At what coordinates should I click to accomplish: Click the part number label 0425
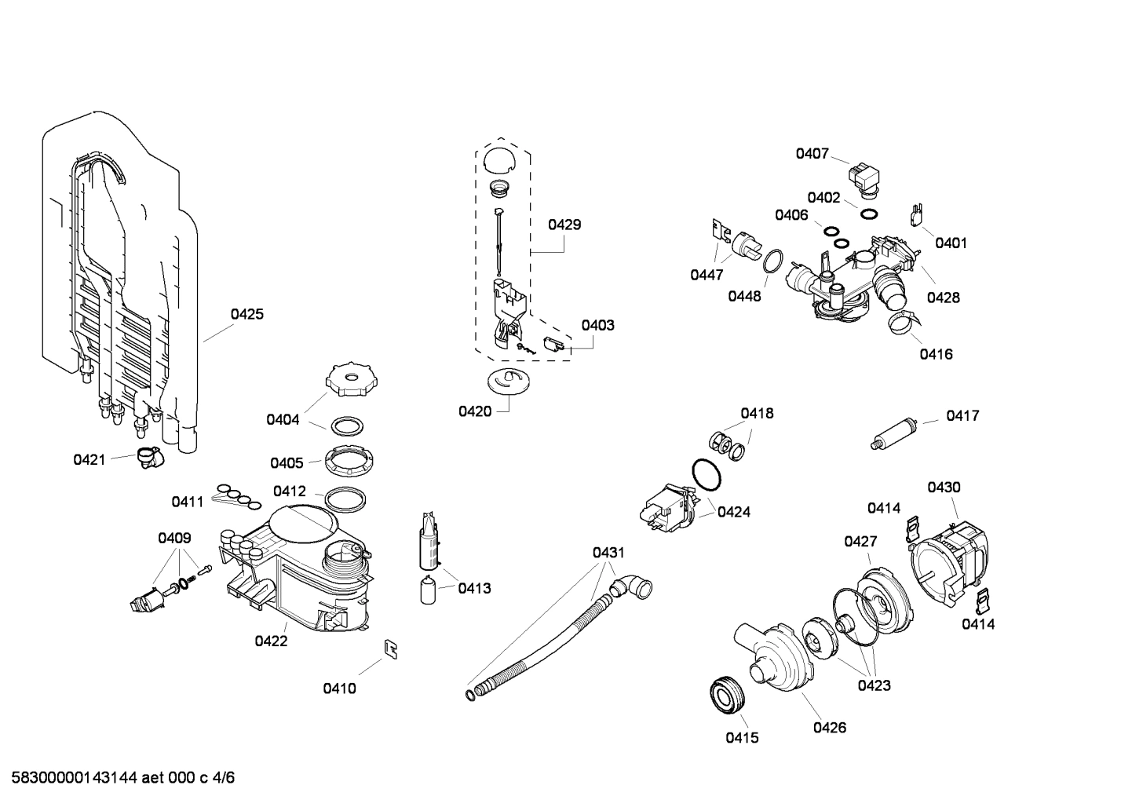pos(246,314)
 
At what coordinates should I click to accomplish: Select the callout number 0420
pos(475,411)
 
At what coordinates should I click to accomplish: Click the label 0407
pos(812,153)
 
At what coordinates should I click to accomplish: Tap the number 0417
pos(962,415)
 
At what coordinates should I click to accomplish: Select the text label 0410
pos(339,689)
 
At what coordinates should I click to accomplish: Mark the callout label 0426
pos(829,728)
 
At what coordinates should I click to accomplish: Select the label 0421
pos(89,459)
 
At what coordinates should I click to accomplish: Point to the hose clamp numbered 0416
pos(902,321)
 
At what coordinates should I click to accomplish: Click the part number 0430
pos(944,488)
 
